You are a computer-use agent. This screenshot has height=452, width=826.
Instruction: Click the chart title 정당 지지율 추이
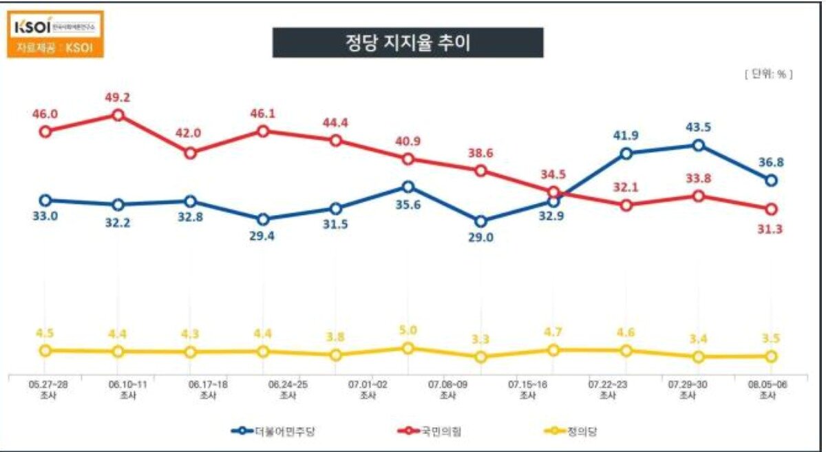click(407, 43)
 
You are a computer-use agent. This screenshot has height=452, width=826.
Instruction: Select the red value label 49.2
click(118, 97)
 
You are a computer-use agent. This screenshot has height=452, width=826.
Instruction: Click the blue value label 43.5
click(699, 127)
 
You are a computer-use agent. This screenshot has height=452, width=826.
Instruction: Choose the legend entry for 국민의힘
click(430, 431)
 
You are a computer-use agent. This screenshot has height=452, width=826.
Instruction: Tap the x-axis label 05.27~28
click(45, 383)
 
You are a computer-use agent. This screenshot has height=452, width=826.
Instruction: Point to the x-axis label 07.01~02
click(368, 383)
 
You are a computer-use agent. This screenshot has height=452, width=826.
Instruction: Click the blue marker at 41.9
click(626, 154)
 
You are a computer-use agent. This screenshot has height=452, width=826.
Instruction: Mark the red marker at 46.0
click(45, 131)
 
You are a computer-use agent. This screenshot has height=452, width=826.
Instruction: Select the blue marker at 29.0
click(480, 221)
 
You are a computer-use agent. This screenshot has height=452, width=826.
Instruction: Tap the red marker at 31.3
click(771, 209)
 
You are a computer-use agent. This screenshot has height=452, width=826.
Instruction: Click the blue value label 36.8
click(771, 163)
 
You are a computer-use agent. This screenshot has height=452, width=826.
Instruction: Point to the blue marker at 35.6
click(408, 187)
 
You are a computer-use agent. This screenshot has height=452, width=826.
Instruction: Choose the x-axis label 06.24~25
click(288, 383)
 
